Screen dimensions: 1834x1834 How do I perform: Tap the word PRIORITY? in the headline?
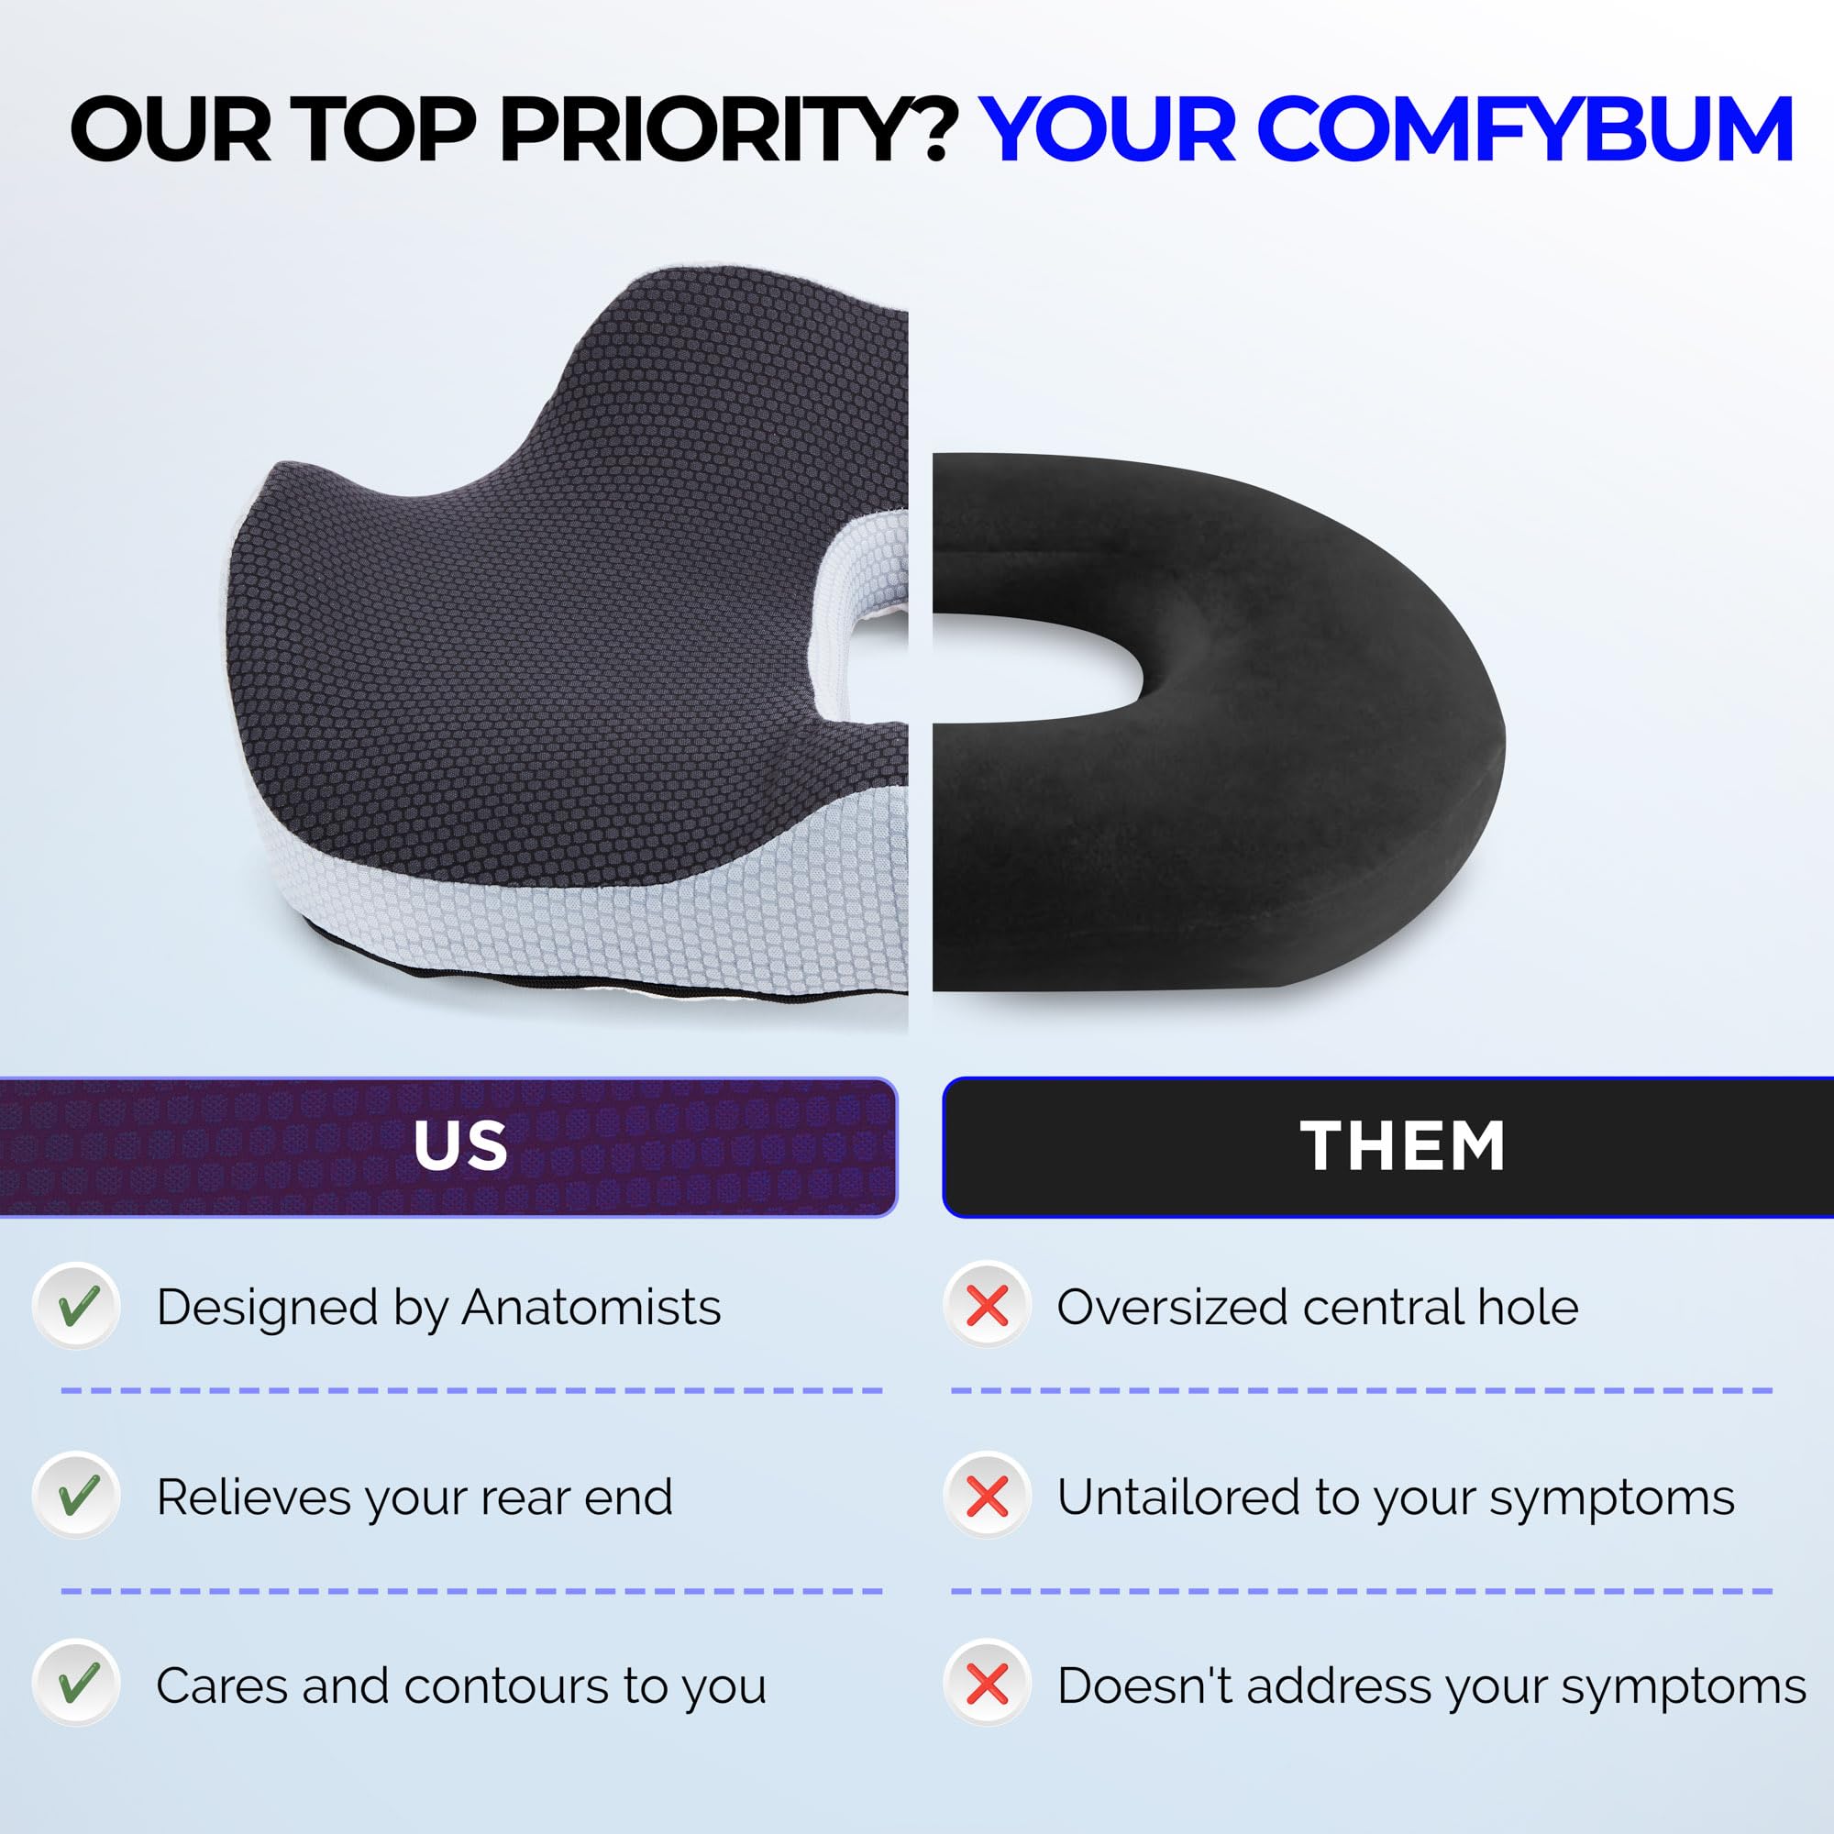(x=727, y=129)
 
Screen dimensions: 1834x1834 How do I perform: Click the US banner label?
(x=460, y=1144)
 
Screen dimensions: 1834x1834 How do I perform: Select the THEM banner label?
(x=1402, y=1145)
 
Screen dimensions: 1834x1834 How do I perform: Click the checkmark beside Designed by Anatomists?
(x=77, y=1306)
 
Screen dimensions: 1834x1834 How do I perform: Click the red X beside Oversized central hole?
(x=988, y=1306)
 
